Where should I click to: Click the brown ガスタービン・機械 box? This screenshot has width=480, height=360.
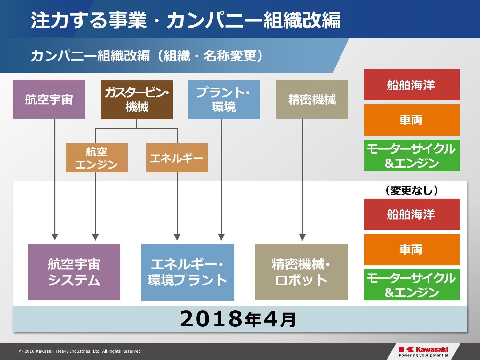pyautogui.click(x=137, y=100)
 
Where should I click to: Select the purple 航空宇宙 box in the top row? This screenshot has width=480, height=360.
pyautogui.click(x=49, y=99)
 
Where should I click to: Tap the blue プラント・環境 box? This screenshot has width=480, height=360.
pyautogui.click(x=224, y=100)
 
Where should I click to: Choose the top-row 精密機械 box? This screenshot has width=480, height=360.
pyautogui.click(x=312, y=99)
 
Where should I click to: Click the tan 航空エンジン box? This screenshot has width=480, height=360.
pyautogui.click(x=97, y=158)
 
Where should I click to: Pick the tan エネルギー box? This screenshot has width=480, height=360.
pyautogui.click(x=177, y=158)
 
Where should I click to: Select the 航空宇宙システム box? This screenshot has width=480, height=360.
pyautogui.click(x=74, y=272)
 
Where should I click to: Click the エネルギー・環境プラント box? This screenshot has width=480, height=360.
pyautogui.click(x=188, y=272)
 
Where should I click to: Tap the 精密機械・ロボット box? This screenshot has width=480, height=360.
pyautogui.click(x=301, y=272)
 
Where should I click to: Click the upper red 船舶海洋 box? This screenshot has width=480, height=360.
pyautogui.click(x=412, y=85)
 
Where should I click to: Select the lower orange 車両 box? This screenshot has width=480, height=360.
pyautogui.click(x=412, y=250)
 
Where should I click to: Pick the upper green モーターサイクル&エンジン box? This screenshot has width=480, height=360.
pyautogui.click(x=412, y=156)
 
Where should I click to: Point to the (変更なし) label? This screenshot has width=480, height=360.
pyautogui.click(x=412, y=190)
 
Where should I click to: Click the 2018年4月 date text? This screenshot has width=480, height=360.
pyautogui.click(x=238, y=319)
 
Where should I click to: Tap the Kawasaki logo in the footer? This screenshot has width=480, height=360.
pyautogui.click(x=423, y=352)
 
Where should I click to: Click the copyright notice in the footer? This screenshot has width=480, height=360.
pyautogui.click(x=80, y=351)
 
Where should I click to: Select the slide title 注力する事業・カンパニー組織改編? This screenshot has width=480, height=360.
pyautogui.click(x=186, y=20)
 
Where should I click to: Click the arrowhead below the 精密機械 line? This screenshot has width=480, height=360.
pyautogui.click(x=302, y=237)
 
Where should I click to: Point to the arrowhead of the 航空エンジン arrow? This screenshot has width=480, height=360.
pyautogui.click(x=95, y=237)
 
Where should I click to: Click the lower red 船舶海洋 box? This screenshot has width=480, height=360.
pyautogui.click(x=412, y=214)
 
